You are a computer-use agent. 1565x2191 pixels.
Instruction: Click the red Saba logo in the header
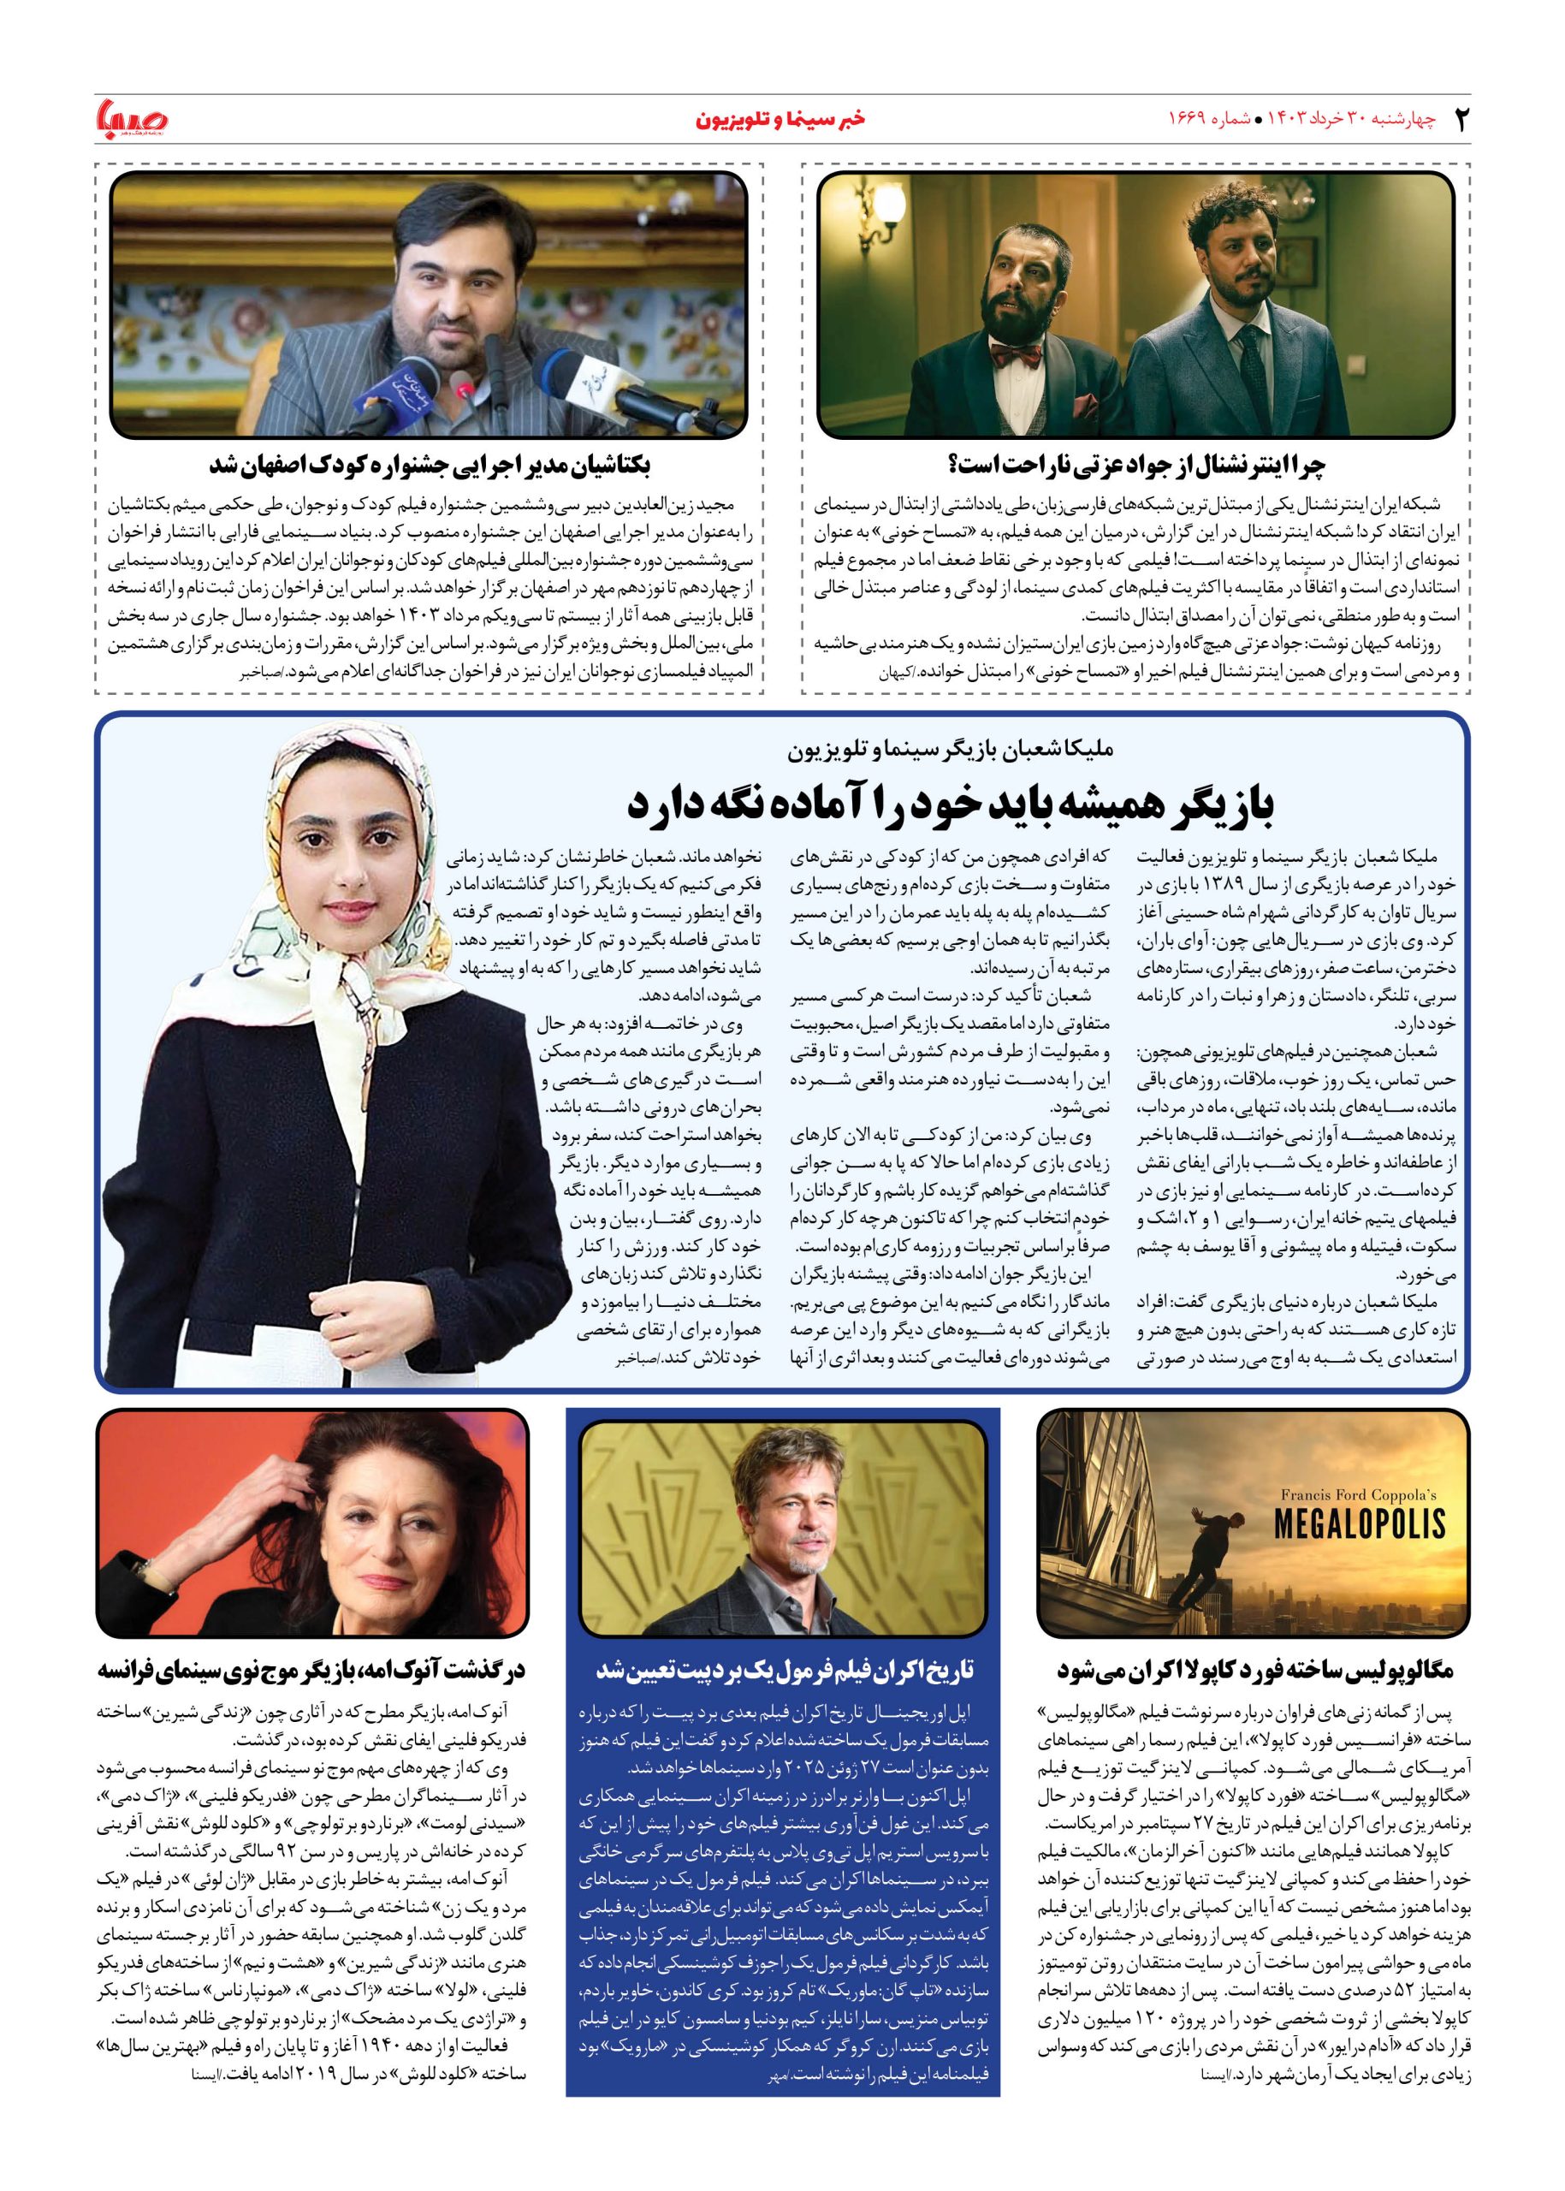click(x=133, y=119)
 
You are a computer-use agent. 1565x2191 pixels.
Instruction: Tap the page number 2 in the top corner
click(x=1458, y=120)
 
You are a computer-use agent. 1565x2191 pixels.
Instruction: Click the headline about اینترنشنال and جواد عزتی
click(x=1136, y=466)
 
